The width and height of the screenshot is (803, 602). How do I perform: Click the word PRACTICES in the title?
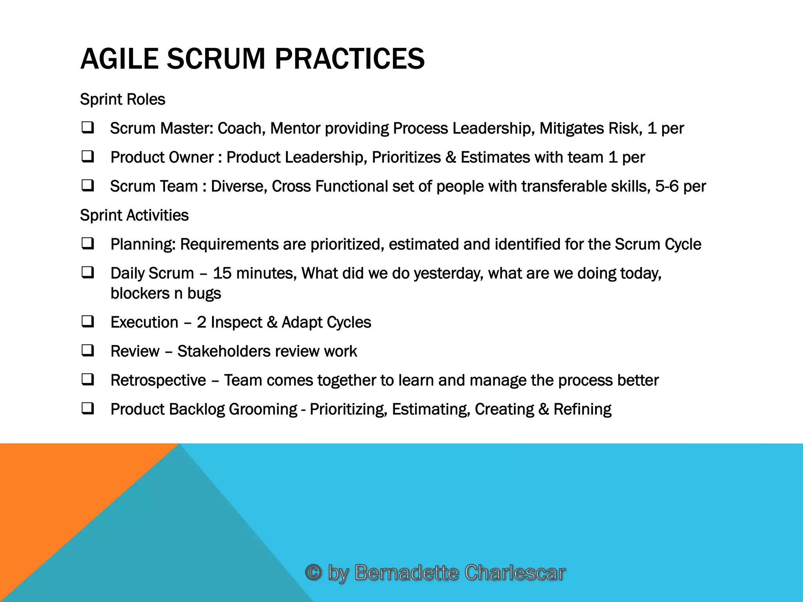(x=349, y=59)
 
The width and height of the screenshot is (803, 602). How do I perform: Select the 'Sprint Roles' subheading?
(x=122, y=99)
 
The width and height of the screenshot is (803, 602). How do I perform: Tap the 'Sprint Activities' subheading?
(x=134, y=215)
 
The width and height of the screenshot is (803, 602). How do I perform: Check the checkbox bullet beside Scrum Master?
(x=87, y=128)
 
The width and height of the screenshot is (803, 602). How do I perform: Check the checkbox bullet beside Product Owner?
(x=87, y=157)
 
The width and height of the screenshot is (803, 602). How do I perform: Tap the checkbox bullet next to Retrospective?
(x=87, y=380)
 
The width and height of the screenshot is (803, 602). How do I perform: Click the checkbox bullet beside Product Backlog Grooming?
(x=87, y=409)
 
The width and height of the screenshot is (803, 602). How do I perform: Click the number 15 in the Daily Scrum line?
(x=222, y=273)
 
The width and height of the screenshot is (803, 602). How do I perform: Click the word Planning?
(x=143, y=245)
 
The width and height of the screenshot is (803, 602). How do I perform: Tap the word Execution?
(x=144, y=322)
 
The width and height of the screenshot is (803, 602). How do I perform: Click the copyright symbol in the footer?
(x=313, y=572)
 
